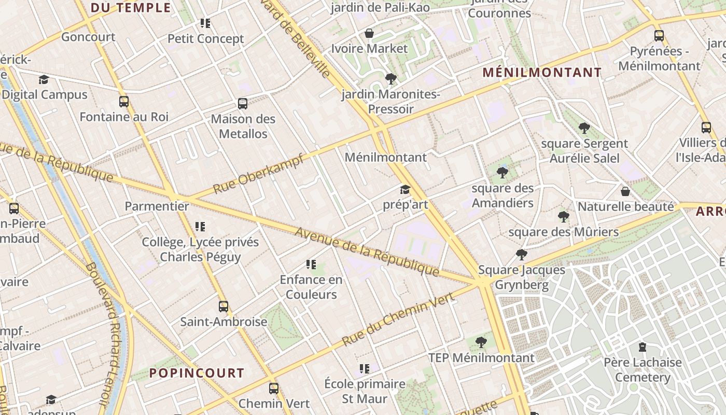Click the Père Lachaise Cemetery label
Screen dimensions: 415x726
tap(643, 369)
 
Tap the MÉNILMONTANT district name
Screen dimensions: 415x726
tap(542, 73)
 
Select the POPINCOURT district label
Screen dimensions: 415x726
tap(197, 373)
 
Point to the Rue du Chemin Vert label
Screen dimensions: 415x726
tap(398, 319)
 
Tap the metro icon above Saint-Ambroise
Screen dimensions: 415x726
tap(224, 306)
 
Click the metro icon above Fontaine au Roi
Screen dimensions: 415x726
tap(124, 101)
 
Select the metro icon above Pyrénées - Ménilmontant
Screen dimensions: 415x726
tap(659, 36)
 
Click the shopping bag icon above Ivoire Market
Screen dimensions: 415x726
tap(369, 33)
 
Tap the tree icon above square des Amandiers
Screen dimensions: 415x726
tap(502, 173)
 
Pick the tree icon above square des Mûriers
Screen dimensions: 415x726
tap(564, 216)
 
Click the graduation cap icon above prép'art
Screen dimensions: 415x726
tap(405, 190)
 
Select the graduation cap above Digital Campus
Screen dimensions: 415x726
tap(44, 79)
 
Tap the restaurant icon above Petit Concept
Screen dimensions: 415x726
tap(205, 23)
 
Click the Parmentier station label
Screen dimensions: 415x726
tap(157, 206)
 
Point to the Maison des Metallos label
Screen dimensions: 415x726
tap(243, 126)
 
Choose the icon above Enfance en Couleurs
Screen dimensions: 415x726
tap(311, 265)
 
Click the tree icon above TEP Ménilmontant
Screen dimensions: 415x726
tap(481, 342)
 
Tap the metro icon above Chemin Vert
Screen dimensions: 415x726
tap(274, 388)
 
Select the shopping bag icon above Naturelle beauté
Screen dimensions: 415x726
tap(625, 191)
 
